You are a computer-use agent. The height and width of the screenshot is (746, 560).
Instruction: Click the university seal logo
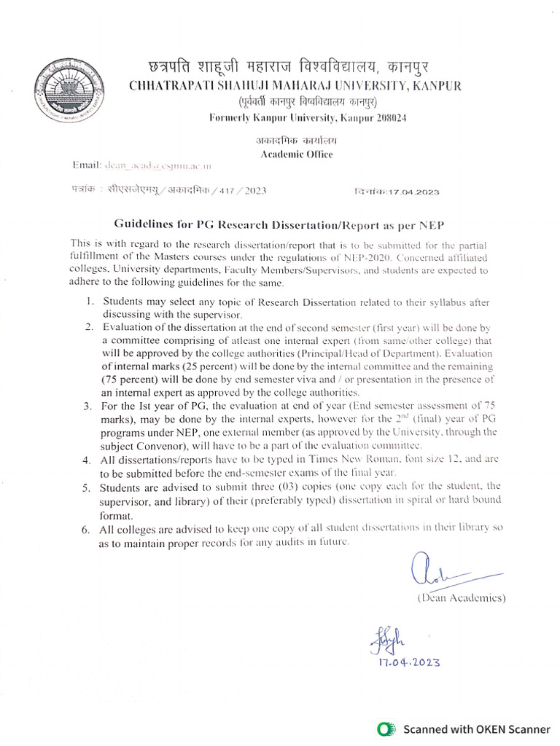click(70, 93)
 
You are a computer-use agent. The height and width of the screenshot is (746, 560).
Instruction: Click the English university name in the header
click(295, 86)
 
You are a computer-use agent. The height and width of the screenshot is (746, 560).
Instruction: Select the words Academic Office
click(297, 154)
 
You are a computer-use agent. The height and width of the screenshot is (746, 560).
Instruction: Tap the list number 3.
click(87, 406)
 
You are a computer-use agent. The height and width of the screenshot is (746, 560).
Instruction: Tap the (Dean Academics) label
click(462, 597)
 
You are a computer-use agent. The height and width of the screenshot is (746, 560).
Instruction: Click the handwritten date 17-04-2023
click(409, 662)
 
